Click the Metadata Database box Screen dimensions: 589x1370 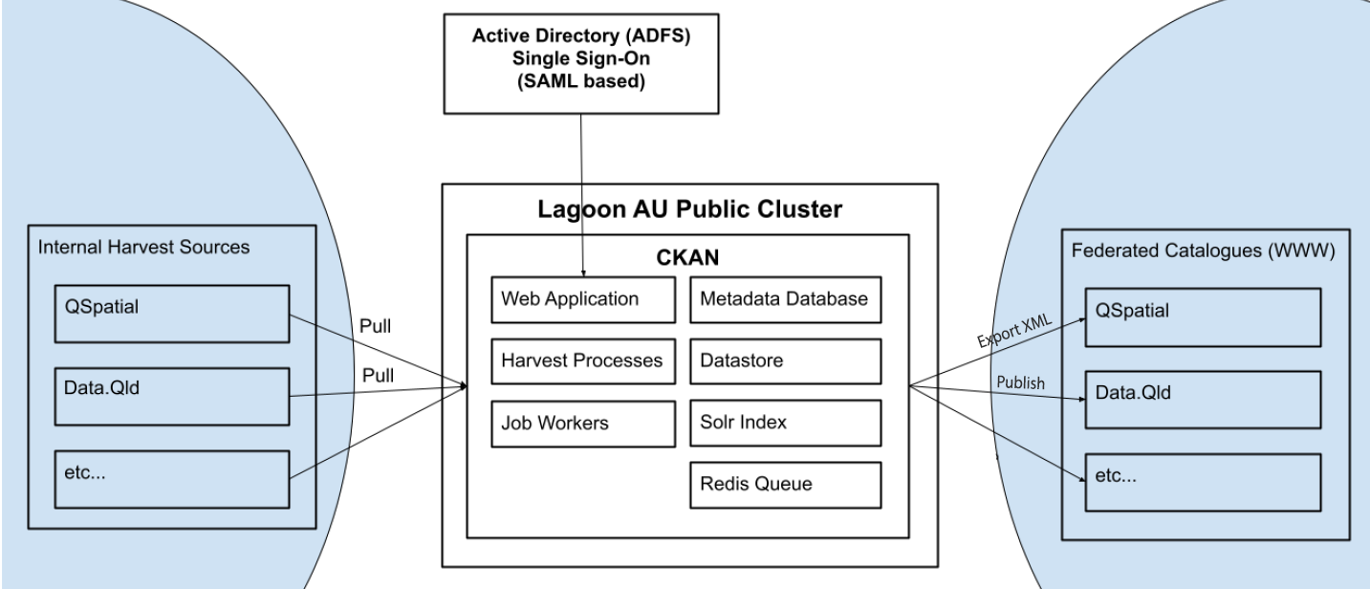pyautogui.click(x=784, y=298)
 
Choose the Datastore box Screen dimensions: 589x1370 pyautogui.click(x=784, y=360)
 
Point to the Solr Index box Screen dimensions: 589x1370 pyautogui.click(x=784, y=423)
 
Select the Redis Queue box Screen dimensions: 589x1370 pyautogui.click(x=784, y=485)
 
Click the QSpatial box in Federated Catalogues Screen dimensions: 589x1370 pyautogui.click(x=1204, y=316)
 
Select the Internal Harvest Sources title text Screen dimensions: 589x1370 pyautogui.click(x=143, y=248)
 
